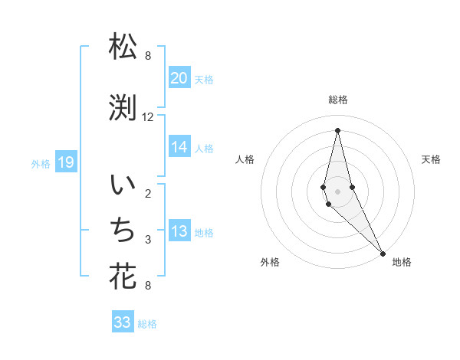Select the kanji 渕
123,110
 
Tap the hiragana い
123,186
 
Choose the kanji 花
123,276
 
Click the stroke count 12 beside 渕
148,117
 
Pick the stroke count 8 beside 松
148,56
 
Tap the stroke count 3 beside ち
148,240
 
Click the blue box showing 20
179,78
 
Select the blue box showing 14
179,147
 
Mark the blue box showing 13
179,232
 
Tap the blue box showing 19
66,162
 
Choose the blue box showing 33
123,322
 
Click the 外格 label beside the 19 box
41,162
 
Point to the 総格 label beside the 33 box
147,324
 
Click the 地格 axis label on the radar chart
402,262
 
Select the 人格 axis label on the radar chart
245,159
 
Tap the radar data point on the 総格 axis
337,129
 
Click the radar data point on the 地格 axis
383,253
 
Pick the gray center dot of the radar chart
337,191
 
